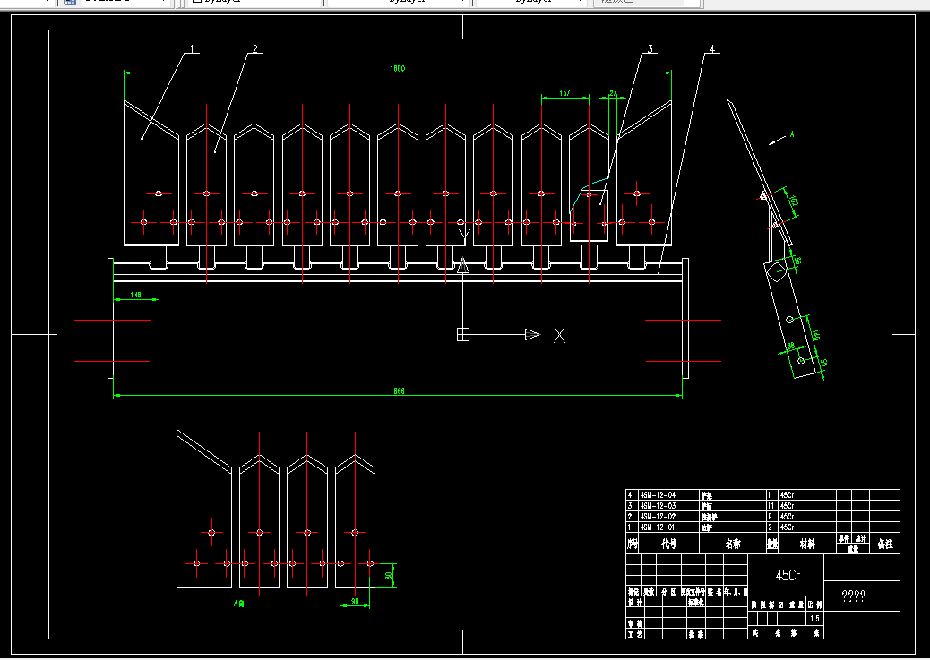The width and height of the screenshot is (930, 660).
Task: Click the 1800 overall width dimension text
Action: [x=398, y=68]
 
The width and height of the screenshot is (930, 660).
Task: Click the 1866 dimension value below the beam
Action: [x=398, y=390]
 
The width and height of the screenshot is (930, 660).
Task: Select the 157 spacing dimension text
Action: [x=564, y=92]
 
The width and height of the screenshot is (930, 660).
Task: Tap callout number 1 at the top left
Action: [x=190, y=48]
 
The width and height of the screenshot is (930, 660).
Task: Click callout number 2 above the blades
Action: [x=254, y=48]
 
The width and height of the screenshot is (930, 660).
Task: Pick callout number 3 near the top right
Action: [x=650, y=48]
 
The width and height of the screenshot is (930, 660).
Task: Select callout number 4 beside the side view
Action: [x=711, y=48]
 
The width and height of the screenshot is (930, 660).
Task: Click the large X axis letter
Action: [x=559, y=335]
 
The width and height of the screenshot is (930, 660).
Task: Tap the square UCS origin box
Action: [x=463, y=335]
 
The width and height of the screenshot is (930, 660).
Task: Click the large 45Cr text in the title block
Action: [x=788, y=575]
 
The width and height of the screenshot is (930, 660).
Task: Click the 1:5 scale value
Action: [x=814, y=618]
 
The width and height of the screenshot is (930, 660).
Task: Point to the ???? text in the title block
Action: [x=853, y=596]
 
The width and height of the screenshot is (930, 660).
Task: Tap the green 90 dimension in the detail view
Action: [x=355, y=603]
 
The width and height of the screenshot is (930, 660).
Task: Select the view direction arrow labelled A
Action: [x=779, y=138]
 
